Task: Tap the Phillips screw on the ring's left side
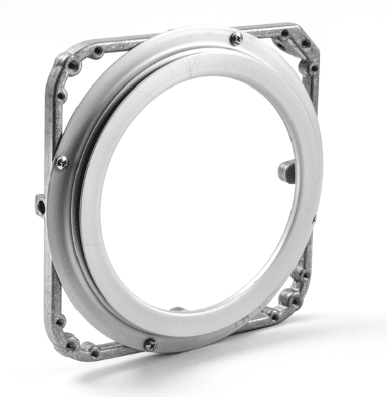[62, 162]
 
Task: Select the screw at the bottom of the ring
[150, 345]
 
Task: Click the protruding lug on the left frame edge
[40, 205]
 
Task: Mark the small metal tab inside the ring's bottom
[178, 310]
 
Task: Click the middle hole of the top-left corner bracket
[72, 65]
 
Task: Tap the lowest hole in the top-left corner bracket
[61, 94]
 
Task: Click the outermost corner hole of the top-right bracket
[305, 43]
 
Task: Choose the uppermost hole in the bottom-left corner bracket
[60, 321]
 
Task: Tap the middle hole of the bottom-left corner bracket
[71, 344]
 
